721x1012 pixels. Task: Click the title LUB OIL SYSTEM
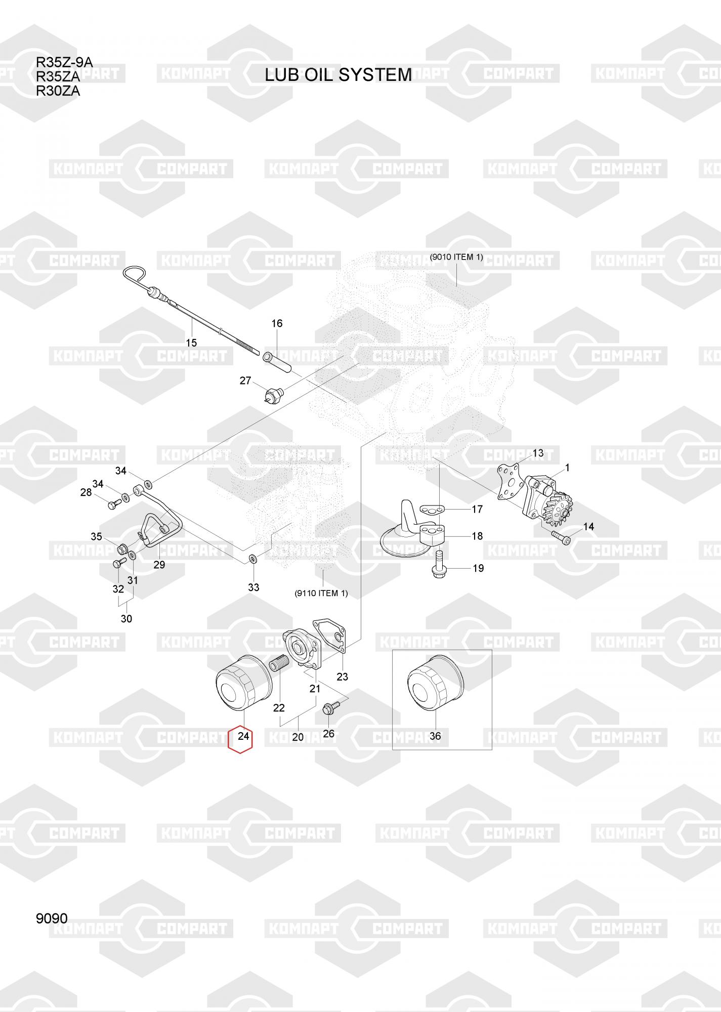click(x=338, y=75)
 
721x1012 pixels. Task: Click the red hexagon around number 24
click(x=241, y=739)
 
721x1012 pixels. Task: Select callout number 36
click(x=435, y=736)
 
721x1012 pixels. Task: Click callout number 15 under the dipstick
click(x=191, y=343)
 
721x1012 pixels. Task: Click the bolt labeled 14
click(x=560, y=537)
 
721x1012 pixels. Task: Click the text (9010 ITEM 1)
click(x=456, y=257)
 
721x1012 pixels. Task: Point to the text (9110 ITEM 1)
click(x=321, y=593)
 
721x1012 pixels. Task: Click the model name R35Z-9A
click(x=64, y=63)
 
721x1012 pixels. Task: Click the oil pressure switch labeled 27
click(x=274, y=393)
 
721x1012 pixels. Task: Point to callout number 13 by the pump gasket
click(x=538, y=453)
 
